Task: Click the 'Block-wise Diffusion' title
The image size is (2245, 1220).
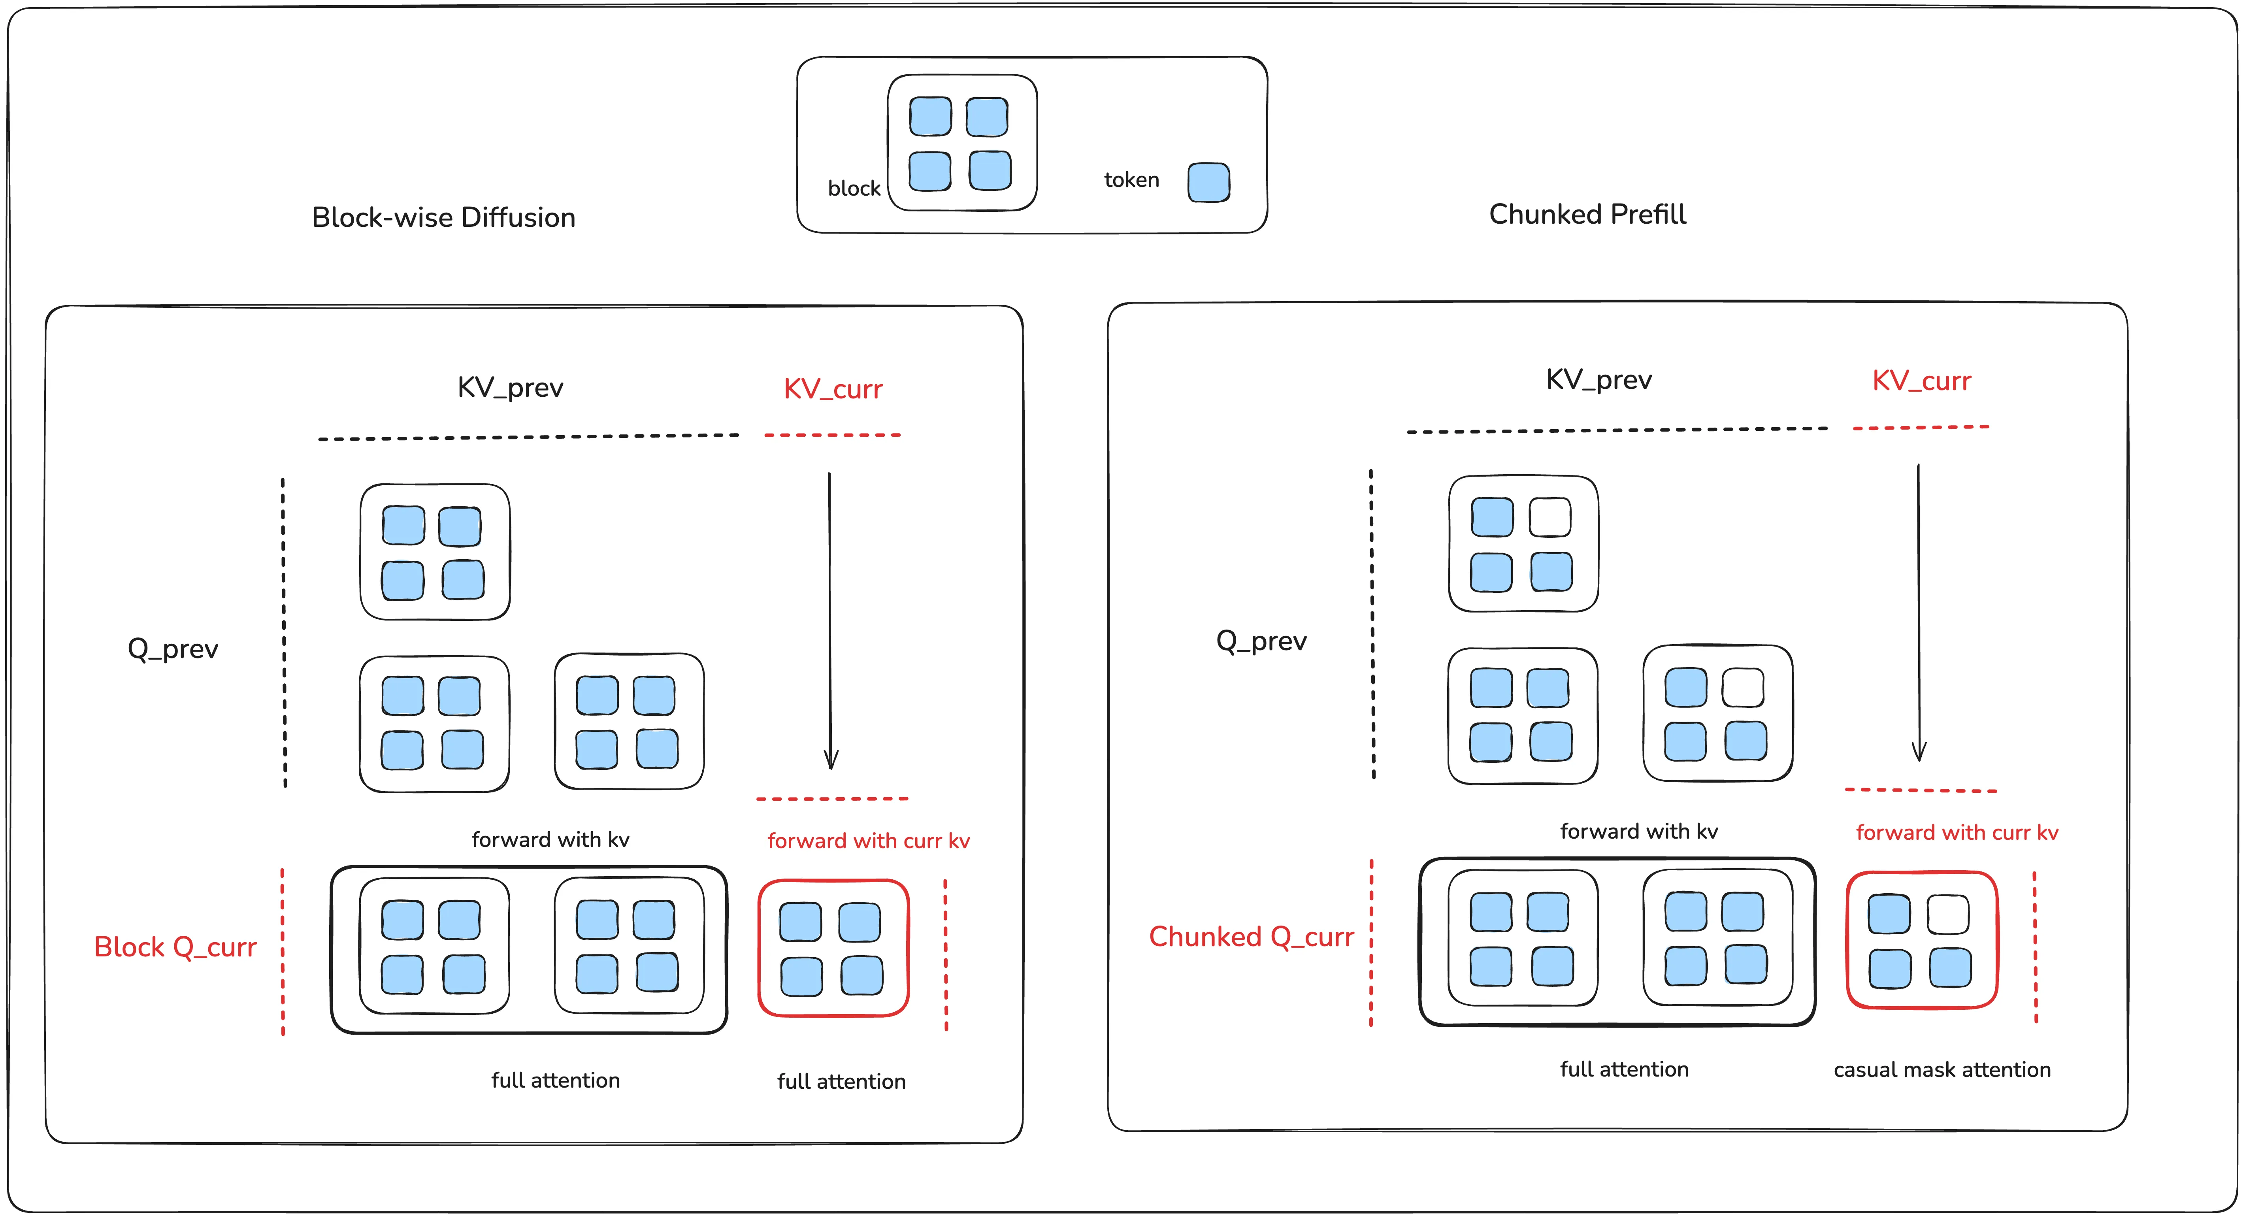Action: click(x=444, y=217)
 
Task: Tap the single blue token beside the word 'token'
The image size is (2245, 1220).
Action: click(x=1209, y=182)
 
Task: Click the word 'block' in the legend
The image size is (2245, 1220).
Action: click(x=854, y=188)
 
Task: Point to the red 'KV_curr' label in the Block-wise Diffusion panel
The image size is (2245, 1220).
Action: click(x=832, y=388)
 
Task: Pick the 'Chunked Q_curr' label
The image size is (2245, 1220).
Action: click(x=1252, y=937)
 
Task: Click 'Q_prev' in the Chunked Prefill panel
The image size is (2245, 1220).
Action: click(x=1261, y=641)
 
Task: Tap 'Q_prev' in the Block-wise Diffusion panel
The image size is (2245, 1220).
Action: click(x=173, y=649)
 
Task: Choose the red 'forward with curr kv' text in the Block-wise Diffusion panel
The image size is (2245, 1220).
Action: click(x=868, y=841)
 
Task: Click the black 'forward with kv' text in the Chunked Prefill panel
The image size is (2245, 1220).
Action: click(x=1638, y=832)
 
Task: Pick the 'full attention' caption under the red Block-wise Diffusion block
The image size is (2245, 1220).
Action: click(x=841, y=1081)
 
